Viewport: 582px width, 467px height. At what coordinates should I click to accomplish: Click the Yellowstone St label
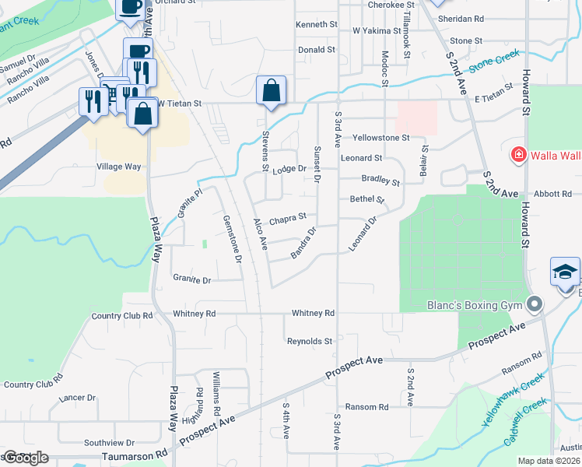click(380, 138)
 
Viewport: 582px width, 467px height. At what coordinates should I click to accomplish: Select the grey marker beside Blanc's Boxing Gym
click(534, 304)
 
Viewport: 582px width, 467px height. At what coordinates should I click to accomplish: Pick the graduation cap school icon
click(565, 272)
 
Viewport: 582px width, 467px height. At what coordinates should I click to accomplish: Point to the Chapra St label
click(288, 221)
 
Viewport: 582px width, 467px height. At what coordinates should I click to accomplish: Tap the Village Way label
click(118, 167)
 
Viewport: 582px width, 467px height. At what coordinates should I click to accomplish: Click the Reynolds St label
click(310, 341)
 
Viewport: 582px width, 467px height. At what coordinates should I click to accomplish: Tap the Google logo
click(25, 457)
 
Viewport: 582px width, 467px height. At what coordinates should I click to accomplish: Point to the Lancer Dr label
click(76, 398)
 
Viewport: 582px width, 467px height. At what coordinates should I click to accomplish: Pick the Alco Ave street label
click(260, 234)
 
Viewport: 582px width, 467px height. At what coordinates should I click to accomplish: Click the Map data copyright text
click(549, 461)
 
